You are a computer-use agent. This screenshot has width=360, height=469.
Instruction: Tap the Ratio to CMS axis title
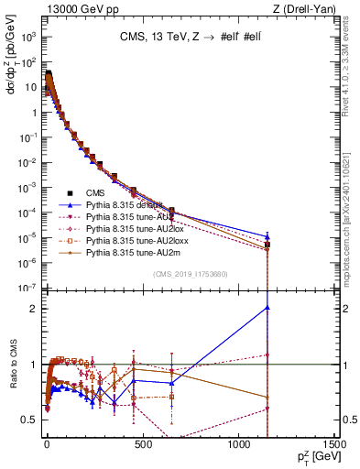click(x=12, y=366)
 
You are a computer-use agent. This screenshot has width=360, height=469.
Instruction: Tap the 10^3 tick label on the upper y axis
click(x=28, y=38)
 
